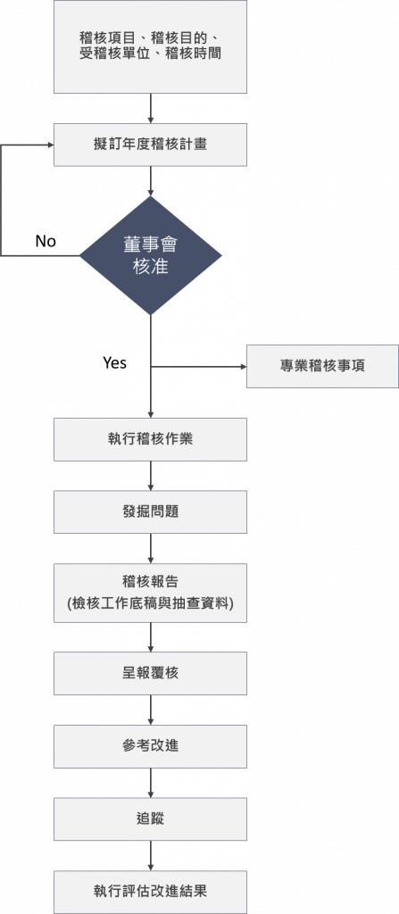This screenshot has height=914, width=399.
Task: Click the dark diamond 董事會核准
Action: (151, 255)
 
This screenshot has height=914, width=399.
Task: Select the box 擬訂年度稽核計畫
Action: (151, 145)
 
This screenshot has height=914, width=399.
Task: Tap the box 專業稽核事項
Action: (322, 366)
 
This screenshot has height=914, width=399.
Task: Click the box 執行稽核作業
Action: (151, 439)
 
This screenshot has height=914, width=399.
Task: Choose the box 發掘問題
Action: (151, 511)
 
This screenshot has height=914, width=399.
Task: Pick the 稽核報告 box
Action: (151, 593)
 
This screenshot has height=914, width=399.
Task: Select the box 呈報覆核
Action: (151, 673)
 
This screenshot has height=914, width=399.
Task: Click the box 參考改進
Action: (151, 746)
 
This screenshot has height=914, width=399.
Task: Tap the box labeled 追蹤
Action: (151, 819)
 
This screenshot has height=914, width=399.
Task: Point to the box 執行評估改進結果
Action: (151, 892)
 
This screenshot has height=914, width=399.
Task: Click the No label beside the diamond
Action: (46, 241)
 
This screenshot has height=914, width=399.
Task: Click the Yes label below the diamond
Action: (114, 362)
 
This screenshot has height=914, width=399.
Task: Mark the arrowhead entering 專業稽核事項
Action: (244, 367)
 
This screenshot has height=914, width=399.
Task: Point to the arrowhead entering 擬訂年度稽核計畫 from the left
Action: (50, 145)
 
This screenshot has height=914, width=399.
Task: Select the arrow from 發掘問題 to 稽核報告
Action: (151, 548)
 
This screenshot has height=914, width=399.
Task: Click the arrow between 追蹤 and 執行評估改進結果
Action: (151, 855)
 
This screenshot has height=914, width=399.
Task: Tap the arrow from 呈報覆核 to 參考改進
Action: (151, 710)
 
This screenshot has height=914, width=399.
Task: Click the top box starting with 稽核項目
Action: (151, 46)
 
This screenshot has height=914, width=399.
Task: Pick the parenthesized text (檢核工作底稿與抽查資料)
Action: (151, 604)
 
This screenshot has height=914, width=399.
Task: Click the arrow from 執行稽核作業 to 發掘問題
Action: (151, 476)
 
